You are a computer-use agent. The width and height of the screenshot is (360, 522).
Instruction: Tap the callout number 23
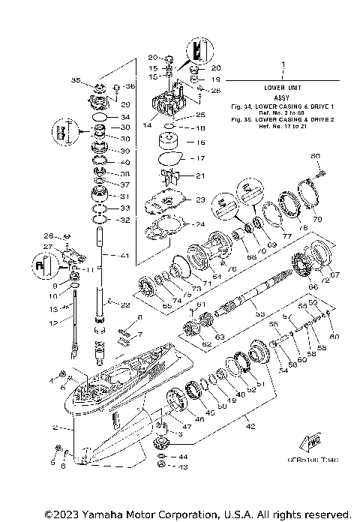200,200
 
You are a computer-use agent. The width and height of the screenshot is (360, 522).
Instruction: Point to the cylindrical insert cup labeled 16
166,142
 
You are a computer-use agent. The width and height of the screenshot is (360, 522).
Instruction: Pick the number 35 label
75,79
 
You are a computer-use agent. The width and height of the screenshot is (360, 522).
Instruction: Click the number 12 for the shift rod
53,323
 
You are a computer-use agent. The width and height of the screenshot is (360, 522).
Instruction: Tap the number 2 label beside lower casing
55,427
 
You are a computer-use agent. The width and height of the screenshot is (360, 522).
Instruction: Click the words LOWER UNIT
283,88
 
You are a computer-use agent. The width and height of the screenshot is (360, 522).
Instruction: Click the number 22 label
124,304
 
